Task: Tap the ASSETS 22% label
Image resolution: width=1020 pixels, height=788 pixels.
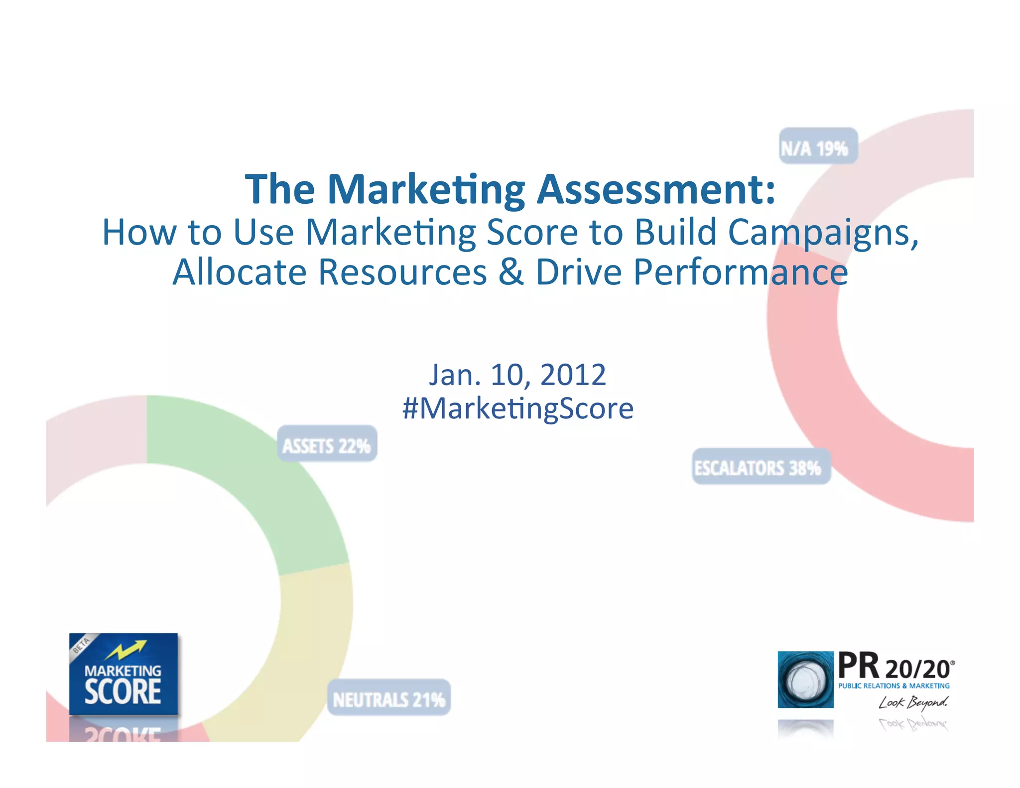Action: [x=327, y=444]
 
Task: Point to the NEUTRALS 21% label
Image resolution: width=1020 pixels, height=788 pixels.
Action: [x=388, y=698]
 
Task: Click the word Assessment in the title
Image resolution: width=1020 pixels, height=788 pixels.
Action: [x=656, y=189]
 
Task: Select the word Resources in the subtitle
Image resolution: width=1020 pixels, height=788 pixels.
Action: [x=402, y=272]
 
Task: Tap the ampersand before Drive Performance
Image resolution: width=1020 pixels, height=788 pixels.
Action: [x=511, y=272]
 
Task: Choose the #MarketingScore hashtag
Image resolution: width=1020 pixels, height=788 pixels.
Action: [x=518, y=408]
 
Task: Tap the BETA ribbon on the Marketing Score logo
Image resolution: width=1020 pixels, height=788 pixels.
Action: [x=81, y=645]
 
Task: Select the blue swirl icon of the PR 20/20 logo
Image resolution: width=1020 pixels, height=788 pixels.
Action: [x=805, y=679]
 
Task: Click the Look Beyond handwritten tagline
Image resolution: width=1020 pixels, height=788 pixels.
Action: [x=913, y=702]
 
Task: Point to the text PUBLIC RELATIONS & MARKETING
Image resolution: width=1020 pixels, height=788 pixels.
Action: [x=893, y=686]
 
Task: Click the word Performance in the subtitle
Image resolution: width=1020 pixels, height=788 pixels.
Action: [x=741, y=272]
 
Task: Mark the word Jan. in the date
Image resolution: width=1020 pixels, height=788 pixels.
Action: [x=455, y=375]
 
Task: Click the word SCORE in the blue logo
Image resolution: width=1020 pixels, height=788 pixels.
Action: [x=123, y=692]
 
